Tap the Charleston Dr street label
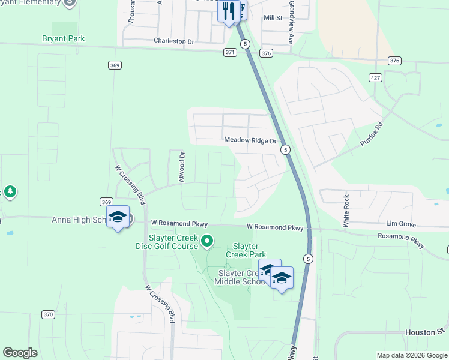174,41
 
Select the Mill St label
273,18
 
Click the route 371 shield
229,53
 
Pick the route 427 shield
376,78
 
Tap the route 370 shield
49,314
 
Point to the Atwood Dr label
181,166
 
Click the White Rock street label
346,211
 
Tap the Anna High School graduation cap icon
118,217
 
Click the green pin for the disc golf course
207,242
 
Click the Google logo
20,353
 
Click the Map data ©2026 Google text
412,355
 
